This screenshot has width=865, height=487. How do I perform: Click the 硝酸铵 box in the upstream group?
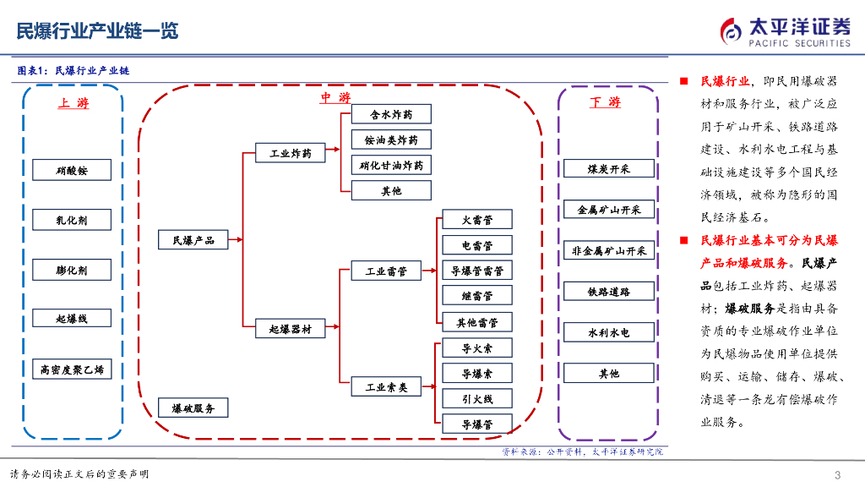[x=72, y=171]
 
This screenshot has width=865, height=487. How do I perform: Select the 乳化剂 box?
[x=72, y=221]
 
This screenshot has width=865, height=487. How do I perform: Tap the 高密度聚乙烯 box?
[x=72, y=369]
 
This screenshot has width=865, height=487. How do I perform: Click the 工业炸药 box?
[x=291, y=154]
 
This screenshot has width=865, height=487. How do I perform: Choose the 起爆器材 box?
[x=291, y=329]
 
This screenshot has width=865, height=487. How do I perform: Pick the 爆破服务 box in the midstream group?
[x=193, y=408]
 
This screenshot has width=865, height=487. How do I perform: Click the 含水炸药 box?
[x=391, y=114]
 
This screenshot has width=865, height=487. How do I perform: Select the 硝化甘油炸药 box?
[x=391, y=165]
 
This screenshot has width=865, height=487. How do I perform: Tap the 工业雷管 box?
[x=386, y=271]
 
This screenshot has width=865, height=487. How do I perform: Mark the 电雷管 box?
[x=477, y=246]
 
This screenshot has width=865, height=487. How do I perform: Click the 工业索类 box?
[x=386, y=387]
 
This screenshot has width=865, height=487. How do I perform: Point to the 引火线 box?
[x=477, y=399]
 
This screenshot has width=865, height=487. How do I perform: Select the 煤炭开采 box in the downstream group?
[x=609, y=169]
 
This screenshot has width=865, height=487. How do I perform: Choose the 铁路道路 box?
[x=609, y=292]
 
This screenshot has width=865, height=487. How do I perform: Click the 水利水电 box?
[x=609, y=333]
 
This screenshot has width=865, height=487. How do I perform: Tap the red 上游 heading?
[x=73, y=103]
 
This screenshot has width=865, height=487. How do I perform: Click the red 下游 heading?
[x=605, y=102]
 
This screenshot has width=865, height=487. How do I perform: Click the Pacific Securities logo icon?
[x=731, y=32]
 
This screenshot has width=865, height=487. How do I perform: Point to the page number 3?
[x=837, y=473]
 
